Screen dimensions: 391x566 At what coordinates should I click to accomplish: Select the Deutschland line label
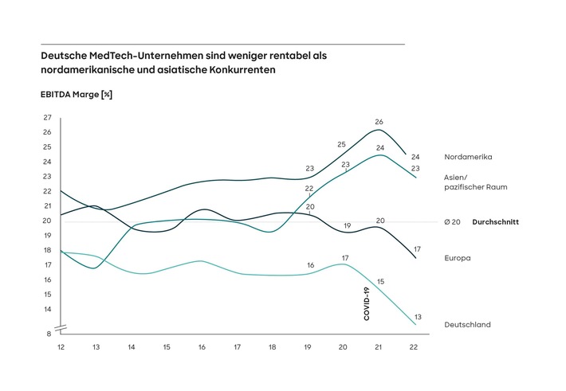pos(466,324)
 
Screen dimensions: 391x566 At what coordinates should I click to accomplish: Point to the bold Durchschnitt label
pos(496,222)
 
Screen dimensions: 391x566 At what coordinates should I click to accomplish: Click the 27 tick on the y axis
pos(48,118)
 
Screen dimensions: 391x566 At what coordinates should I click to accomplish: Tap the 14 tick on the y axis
pos(48,309)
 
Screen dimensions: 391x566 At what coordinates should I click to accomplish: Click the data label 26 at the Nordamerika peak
pos(379,122)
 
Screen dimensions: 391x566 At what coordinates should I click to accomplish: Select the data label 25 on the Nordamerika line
pos(342,144)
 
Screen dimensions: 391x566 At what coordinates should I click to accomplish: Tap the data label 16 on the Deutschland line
pos(310,265)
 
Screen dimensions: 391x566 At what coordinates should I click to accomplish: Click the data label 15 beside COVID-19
pos(380,281)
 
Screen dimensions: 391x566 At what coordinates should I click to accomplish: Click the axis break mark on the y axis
pos(61,328)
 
